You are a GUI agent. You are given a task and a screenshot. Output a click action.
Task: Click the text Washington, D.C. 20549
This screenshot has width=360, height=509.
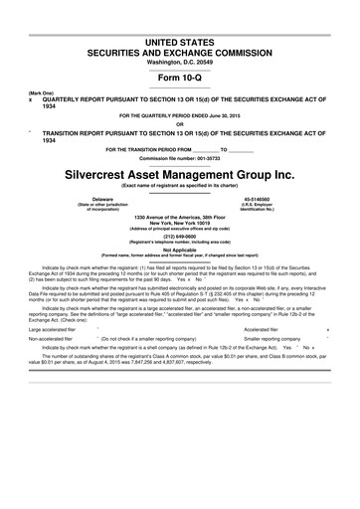(180, 61)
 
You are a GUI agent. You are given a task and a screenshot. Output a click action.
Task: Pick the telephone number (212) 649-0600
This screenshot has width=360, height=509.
(180, 236)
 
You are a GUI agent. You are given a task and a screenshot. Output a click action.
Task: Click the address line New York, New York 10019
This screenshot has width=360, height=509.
(180, 223)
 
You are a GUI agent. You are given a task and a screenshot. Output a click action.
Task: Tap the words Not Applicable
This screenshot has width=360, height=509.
(180, 249)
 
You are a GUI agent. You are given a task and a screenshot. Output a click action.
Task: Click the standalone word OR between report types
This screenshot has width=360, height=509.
(180, 124)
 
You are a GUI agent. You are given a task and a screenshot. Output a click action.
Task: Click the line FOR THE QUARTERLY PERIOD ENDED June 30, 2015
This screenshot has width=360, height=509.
(180, 115)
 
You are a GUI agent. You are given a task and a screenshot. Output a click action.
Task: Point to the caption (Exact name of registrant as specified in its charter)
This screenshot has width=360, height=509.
(180, 186)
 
